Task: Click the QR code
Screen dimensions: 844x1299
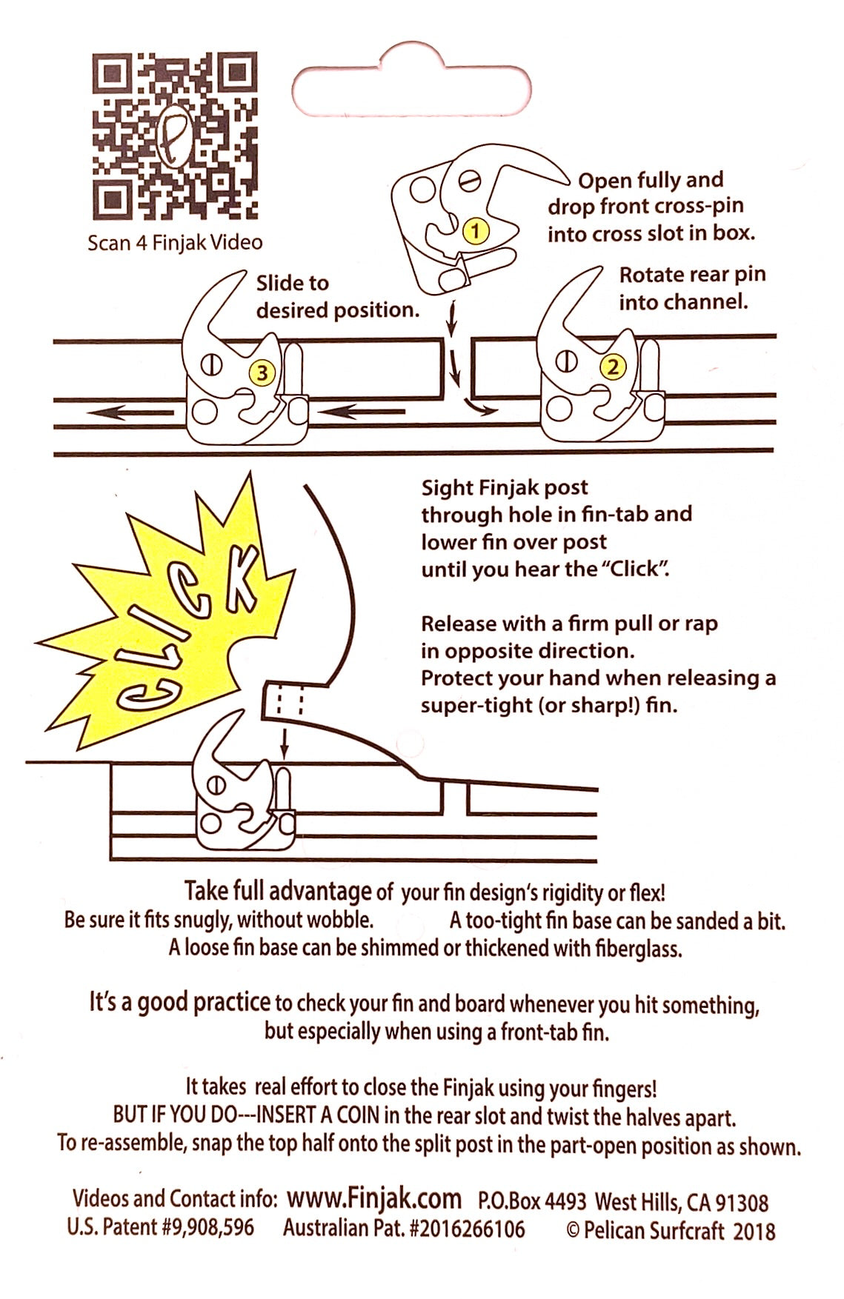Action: tap(175, 136)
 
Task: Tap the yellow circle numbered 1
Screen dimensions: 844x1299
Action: tap(476, 230)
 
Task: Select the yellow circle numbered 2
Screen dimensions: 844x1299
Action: tap(614, 366)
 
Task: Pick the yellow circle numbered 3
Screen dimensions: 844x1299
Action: tap(262, 373)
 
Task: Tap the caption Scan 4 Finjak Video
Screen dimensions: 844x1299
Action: tap(175, 242)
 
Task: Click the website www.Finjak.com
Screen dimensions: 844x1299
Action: tap(374, 1198)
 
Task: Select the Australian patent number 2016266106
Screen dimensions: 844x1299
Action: tap(404, 1229)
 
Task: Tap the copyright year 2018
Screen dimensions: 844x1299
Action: tap(754, 1231)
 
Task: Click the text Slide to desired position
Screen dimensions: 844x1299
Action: tap(338, 296)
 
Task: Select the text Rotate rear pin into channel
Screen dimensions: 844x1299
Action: tap(692, 288)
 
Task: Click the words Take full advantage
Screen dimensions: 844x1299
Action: tap(278, 891)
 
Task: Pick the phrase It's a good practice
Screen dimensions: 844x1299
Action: tap(180, 1002)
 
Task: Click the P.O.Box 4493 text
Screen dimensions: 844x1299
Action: tap(532, 1200)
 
